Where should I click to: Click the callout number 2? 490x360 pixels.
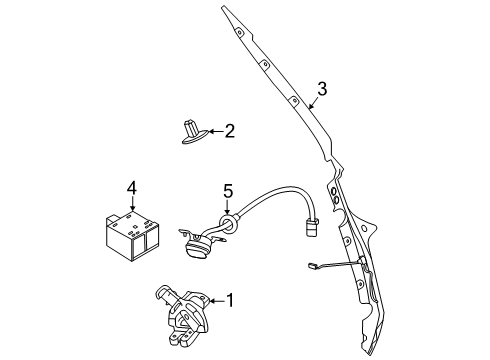230,130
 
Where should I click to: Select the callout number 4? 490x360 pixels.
131,188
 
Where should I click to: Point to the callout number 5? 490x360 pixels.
227,190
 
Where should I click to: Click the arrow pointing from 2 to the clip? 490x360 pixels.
214,131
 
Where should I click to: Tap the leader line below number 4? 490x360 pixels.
131,204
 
